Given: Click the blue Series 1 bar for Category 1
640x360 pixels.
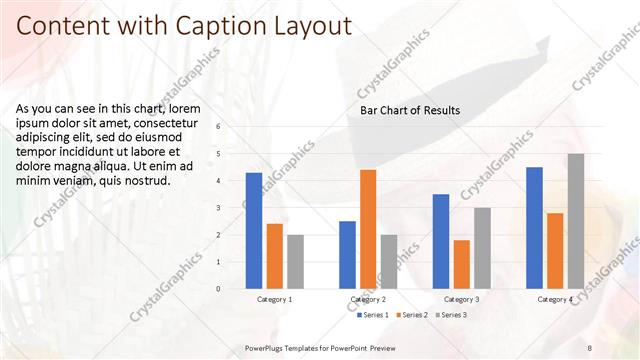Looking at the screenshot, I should coord(254,231).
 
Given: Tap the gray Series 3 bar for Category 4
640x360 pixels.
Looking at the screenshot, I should coord(576,221).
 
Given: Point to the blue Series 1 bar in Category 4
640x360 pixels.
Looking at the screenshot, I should coord(534,228).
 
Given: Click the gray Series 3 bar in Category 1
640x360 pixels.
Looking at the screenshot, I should coord(295,262).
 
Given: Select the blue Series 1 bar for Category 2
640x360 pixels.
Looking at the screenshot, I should coord(347,255).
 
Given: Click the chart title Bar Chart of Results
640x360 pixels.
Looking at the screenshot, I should coord(410,110).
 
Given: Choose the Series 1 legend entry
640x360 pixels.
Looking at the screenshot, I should coord(373,315).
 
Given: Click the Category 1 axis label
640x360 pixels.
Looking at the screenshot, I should coord(275,299).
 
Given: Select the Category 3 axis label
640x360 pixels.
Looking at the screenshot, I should coord(461,299).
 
